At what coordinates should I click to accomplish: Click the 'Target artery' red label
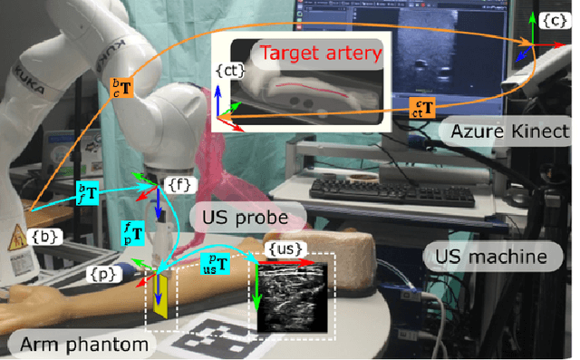click(x=310, y=54)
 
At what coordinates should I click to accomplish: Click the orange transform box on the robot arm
click(x=121, y=88)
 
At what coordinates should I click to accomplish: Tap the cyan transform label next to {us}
click(x=214, y=265)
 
